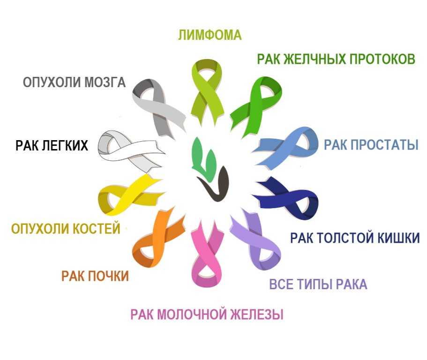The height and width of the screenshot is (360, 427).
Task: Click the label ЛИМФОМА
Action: (210, 35)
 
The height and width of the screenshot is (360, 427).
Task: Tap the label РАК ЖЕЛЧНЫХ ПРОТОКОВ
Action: (336, 60)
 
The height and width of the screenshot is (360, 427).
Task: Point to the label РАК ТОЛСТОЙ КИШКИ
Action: (354, 238)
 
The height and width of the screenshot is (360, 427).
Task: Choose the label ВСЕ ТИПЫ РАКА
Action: (318, 285)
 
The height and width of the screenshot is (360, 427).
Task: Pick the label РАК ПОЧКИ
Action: (95, 276)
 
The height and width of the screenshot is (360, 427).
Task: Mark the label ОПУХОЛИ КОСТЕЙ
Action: (66, 229)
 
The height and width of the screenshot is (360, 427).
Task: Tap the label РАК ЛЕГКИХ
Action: (52, 145)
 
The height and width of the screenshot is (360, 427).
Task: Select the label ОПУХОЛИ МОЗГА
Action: (74, 82)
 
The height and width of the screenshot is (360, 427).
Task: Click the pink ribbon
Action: (207, 253)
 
